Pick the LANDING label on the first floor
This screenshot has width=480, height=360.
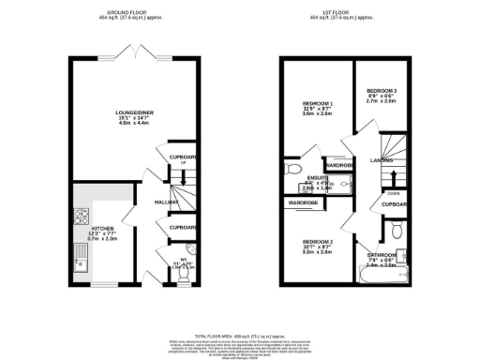click(x=382, y=160)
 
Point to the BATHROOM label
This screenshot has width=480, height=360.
click(x=382, y=254)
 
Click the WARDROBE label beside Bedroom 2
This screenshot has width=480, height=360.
click(x=303, y=202)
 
